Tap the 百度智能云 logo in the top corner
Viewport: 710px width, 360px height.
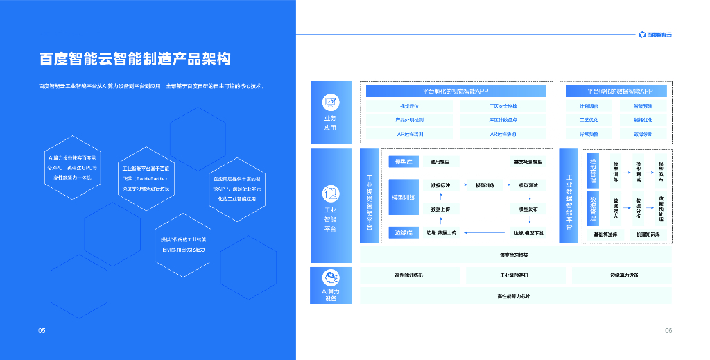pos(655,34)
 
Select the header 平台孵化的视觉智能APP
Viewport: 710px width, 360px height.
pos(456,92)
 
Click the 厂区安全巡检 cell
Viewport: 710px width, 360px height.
pos(503,106)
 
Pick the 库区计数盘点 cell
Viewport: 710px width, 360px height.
pos(503,120)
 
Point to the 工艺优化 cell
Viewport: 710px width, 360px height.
pos(589,120)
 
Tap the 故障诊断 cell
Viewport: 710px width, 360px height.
pos(643,134)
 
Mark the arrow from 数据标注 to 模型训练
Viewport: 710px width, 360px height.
pos(462,185)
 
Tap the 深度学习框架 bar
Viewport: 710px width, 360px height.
pos(515,255)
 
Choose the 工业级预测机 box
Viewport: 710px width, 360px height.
pos(514,275)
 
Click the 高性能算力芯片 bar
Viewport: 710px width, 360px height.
pos(515,296)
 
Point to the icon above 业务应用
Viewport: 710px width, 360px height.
pos(331,103)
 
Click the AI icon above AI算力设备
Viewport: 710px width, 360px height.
pos(331,278)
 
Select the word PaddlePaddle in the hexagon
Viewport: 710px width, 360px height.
pos(147,178)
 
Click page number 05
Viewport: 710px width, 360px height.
pos(42,331)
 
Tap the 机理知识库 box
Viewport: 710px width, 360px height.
pos(647,234)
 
